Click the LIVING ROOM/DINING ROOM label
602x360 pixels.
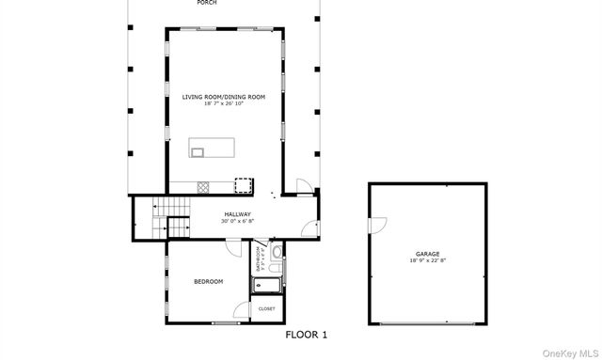click(223, 97)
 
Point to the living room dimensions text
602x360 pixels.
click(223, 103)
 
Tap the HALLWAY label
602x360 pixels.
click(237, 214)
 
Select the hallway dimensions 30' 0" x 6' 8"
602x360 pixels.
click(237, 222)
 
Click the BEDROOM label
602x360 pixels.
click(208, 281)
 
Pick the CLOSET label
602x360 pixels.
click(266, 308)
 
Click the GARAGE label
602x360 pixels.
click(428, 253)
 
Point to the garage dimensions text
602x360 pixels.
click(428, 260)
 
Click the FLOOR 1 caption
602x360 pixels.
click(306, 334)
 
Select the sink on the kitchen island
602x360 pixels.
click(198, 149)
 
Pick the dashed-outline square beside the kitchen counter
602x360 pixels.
click(244, 185)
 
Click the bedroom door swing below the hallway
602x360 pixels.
click(232, 246)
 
